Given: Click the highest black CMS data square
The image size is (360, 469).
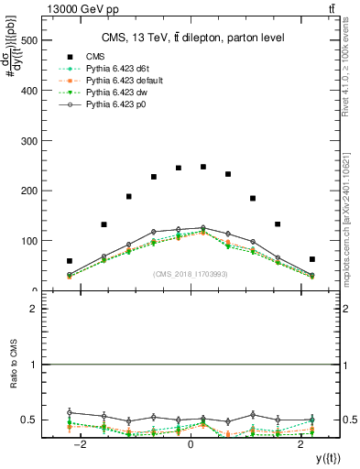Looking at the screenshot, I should point(202,167).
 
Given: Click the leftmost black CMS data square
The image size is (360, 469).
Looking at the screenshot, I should point(70,261).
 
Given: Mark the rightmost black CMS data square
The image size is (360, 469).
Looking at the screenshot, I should point(312,259).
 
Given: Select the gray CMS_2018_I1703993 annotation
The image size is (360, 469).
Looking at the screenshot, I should point(191,275).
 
